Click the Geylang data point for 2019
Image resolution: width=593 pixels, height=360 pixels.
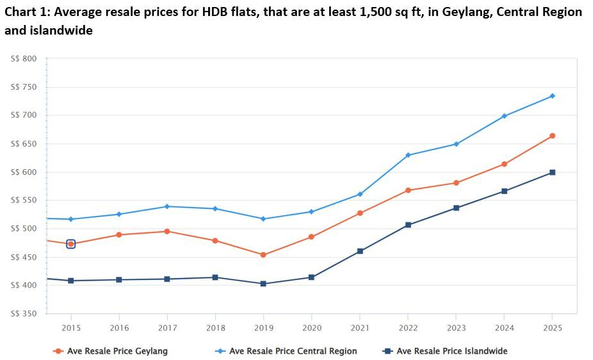pyautogui.click(x=263, y=255)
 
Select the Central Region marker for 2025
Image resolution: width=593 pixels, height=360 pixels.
pyautogui.click(x=552, y=96)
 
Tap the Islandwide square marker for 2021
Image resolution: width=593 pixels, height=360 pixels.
pyautogui.click(x=360, y=251)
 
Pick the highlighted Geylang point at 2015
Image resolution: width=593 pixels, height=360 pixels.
pyautogui.click(x=71, y=244)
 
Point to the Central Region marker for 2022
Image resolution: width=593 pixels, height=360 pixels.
pyautogui.click(x=408, y=155)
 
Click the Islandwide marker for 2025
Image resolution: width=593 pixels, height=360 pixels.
pyautogui.click(x=552, y=172)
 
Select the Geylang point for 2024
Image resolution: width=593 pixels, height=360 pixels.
pyautogui.click(x=504, y=164)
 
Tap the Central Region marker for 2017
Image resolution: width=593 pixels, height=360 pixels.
pyautogui.click(x=167, y=206)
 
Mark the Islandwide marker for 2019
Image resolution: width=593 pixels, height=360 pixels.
pyautogui.click(x=263, y=284)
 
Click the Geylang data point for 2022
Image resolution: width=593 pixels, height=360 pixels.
pyautogui.click(x=408, y=190)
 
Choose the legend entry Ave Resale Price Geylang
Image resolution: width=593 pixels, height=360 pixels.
pyautogui.click(x=117, y=351)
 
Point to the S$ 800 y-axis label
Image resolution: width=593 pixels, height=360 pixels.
pyautogui.click(x=24, y=59)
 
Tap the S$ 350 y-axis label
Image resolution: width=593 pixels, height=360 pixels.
pyautogui.click(x=24, y=314)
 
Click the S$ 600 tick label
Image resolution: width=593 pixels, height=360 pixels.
pyautogui.click(x=24, y=172)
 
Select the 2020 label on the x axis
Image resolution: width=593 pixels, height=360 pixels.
pyautogui.click(x=312, y=328)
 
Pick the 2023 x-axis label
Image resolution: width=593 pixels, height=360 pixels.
pyautogui.click(x=456, y=328)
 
